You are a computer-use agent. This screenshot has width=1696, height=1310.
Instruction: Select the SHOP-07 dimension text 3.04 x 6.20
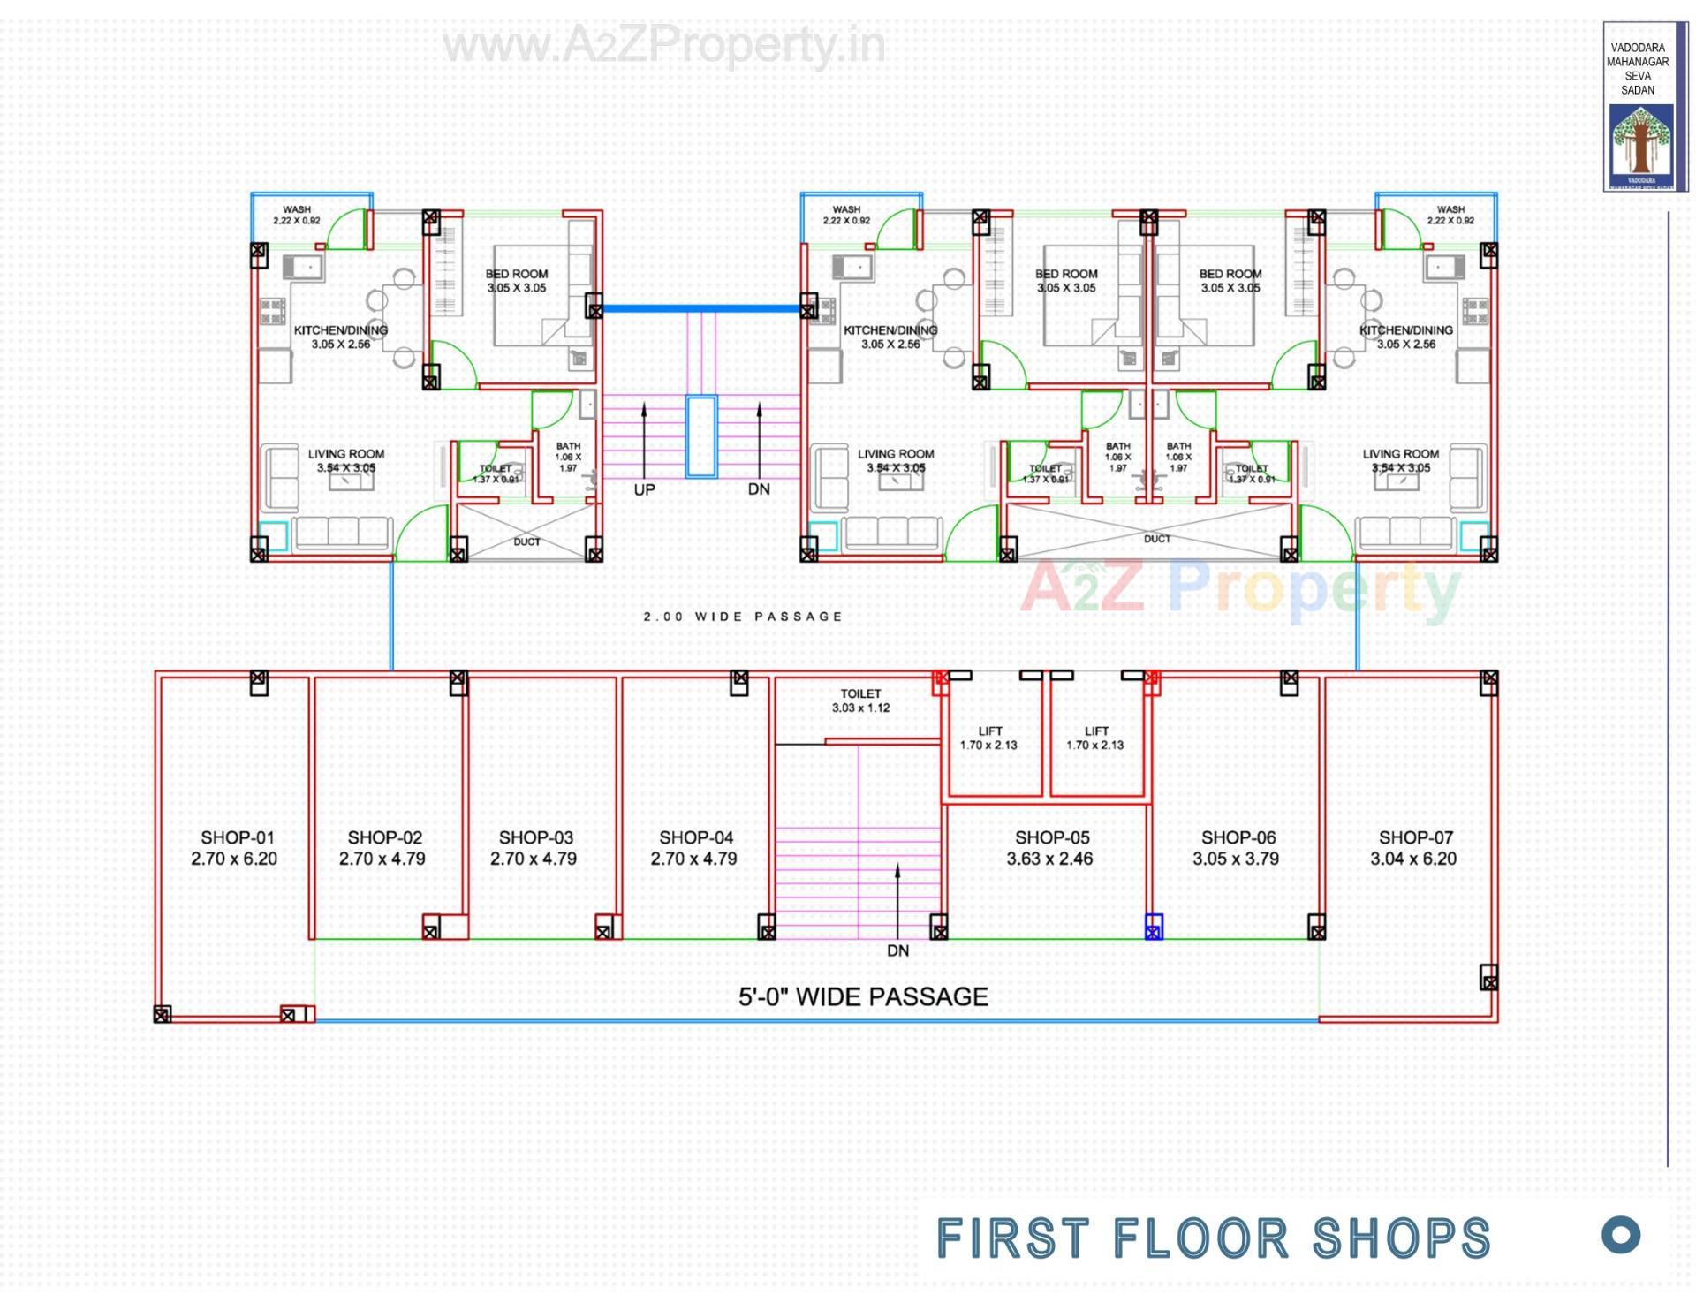tap(1412, 859)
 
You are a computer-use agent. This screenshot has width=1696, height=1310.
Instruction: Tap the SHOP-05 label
tap(1051, 837)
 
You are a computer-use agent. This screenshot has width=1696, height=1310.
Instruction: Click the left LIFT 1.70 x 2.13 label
tap(989, 738)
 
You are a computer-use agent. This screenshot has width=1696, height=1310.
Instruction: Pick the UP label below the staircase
tap(644, 489)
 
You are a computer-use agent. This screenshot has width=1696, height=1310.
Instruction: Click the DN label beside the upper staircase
tap(758, 488)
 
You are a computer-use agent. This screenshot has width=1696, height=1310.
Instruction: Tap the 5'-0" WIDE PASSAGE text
tap(863, 996)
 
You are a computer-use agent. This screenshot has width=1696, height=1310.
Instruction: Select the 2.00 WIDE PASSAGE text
tap(743, 617)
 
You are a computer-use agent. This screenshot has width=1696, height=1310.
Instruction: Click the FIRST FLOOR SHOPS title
tap(1213, 1238)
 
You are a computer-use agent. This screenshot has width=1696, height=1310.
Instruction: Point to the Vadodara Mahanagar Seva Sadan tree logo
tap(1639, 141)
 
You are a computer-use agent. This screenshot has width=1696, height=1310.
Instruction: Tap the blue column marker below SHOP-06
tap(1154, 927)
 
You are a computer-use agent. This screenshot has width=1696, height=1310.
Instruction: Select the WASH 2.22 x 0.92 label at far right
tap(1450, 215)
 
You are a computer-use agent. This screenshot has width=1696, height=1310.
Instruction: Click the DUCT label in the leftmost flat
tap(526, 541)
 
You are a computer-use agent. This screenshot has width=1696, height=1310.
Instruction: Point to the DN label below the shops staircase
tap(897, 950)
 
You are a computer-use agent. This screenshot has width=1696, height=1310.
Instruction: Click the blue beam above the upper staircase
tap(701, 309)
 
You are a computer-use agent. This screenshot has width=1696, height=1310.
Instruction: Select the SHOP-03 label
tap(535, 837)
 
